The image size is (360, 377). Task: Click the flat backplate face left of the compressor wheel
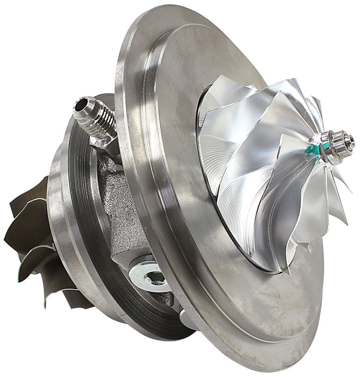click(x=172, y=178)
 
